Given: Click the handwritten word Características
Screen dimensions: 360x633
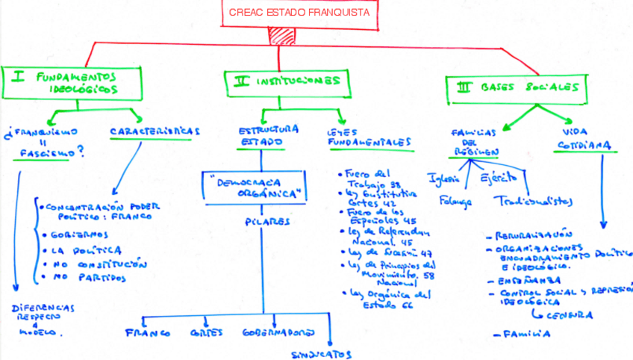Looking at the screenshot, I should tap(155, 131).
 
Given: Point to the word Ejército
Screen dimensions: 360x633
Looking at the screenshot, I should tap(498, 179).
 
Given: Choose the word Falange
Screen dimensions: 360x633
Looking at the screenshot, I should tap(455, 202).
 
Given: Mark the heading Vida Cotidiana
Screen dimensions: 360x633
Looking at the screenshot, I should tap(584, 137).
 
